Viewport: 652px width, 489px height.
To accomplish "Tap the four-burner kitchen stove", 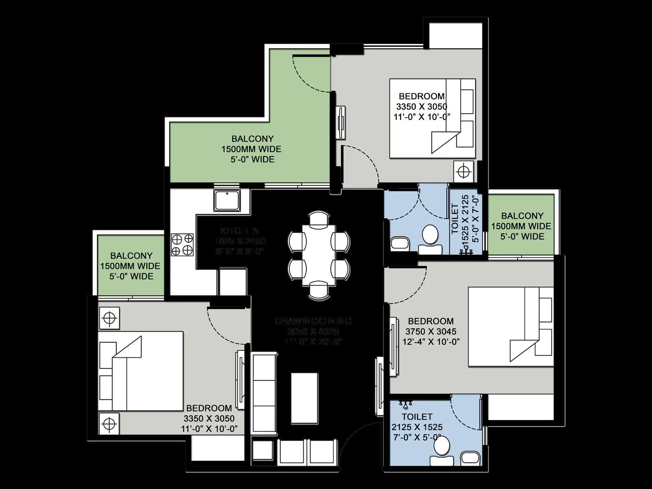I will click(x=182, y=244).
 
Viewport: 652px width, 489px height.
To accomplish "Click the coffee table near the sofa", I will click(x=304, y=398).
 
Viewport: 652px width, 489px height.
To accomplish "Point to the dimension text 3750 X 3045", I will click(x=431, y=331).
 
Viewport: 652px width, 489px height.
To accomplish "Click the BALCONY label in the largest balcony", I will click(x=252, y=139).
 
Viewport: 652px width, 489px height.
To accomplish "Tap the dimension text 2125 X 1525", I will click(x=417, y=427).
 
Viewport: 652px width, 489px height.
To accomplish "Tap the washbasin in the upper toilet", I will click(x=398, y=243).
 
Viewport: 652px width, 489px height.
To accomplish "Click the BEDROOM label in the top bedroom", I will click(x=421, y=96).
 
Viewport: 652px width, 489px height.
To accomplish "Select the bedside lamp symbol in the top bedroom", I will click(x=464, y=171).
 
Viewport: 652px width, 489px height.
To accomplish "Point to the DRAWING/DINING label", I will click(x=313, y=321).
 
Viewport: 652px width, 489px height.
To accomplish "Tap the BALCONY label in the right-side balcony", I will click(x=522, y=216).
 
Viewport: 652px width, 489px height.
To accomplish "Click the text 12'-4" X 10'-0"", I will click(x=431, y=341).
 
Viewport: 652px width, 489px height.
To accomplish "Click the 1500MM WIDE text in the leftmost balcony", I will click(x=130, y=266).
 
